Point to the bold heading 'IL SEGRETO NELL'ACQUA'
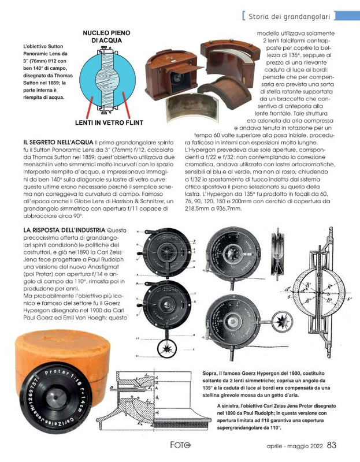pos(55,141)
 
